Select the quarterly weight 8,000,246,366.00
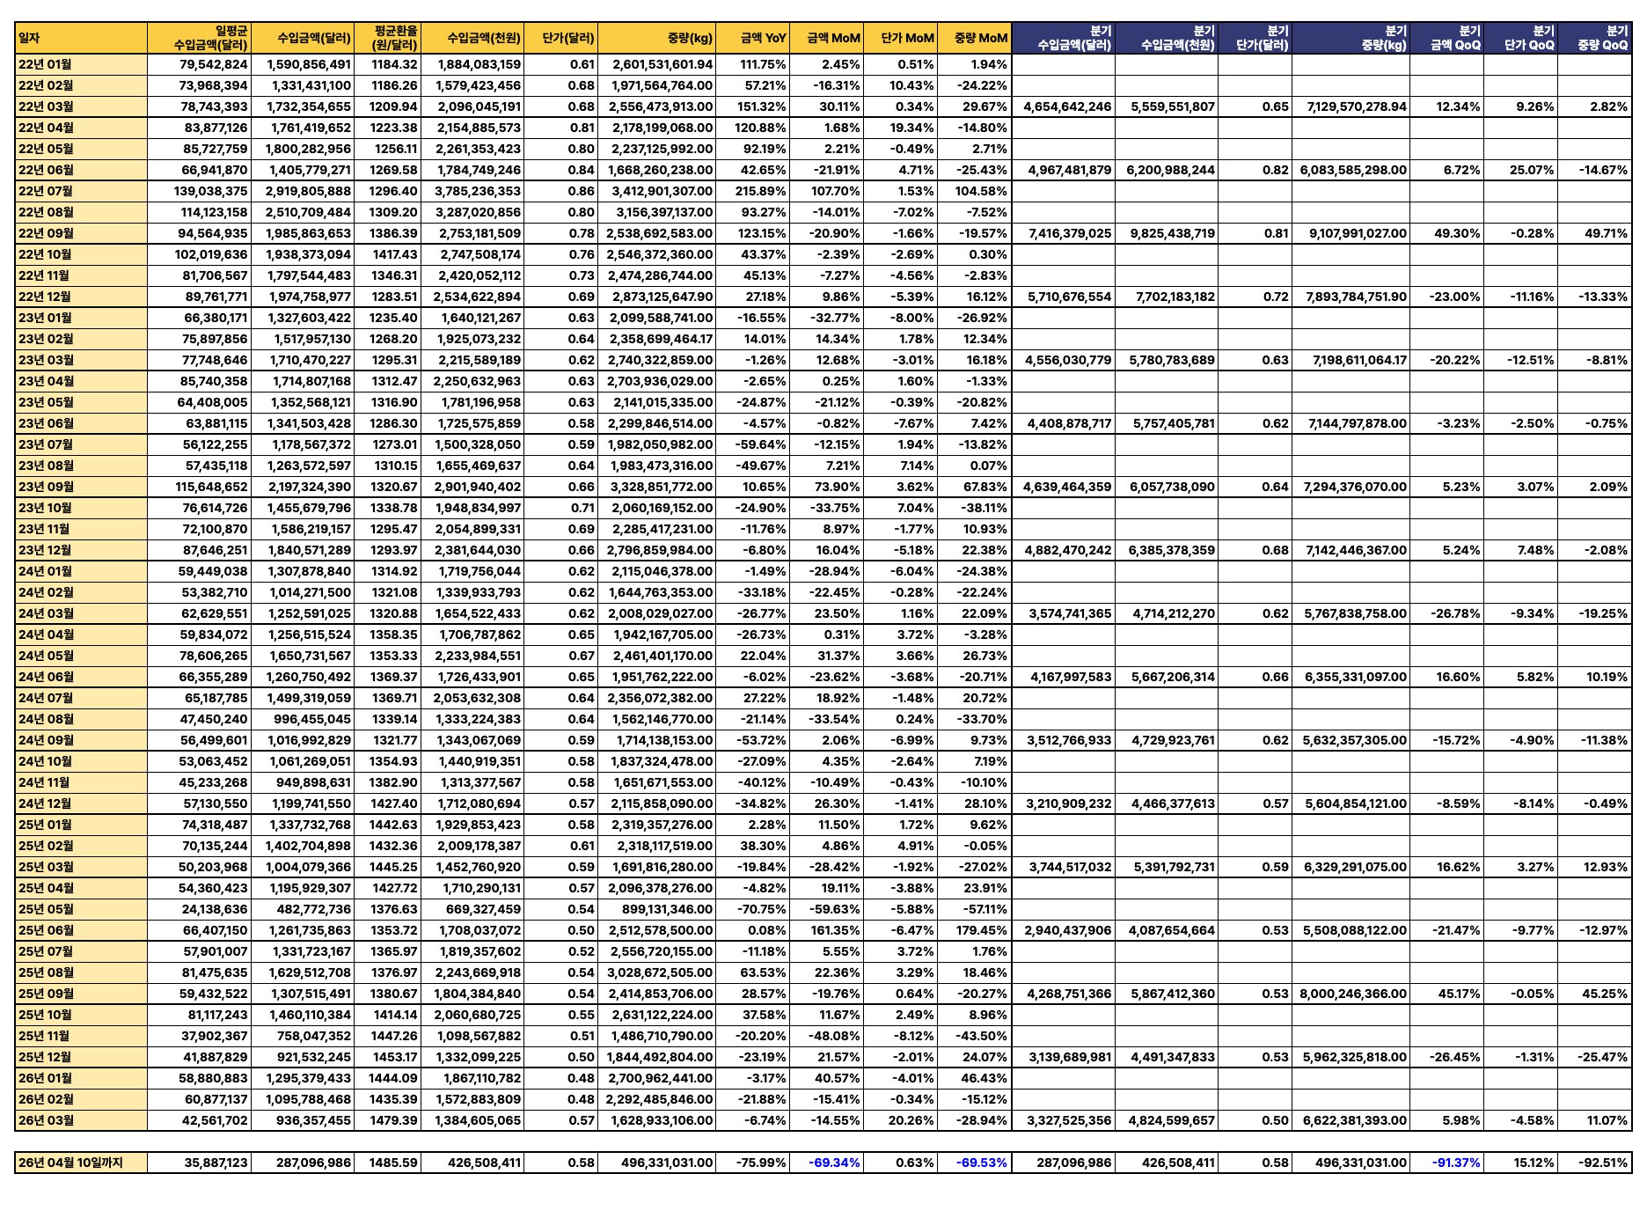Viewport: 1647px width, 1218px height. tap(1353, 994)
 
